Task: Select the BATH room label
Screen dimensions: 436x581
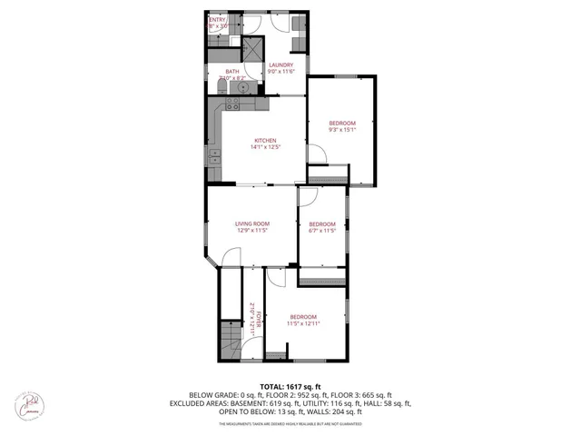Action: pos(232,72)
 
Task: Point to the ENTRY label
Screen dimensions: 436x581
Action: pos(218,19)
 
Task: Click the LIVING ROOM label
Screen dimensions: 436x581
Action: pos(253,223)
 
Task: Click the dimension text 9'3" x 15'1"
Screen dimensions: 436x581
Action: pos(342,130)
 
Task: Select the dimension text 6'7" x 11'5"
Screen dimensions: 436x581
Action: pos(322,231)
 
